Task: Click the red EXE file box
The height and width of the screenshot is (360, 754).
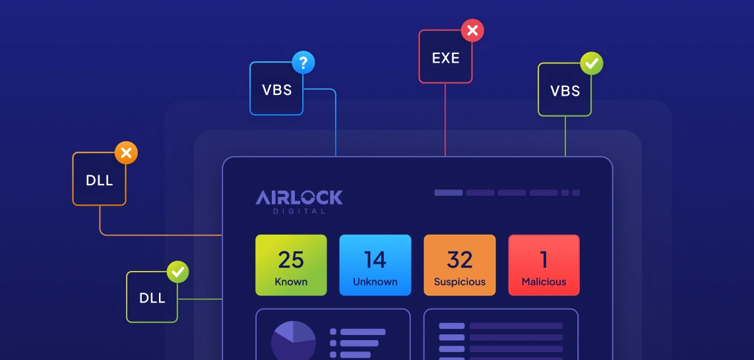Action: (x=445, y=57)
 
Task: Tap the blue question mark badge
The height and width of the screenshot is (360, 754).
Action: (x=303, y=63)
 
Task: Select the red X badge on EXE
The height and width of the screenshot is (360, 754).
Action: (x=472, y=30)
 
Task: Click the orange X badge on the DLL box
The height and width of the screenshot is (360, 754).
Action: (x=126, y=154)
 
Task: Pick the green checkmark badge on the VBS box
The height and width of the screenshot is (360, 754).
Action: (x=592, y=63)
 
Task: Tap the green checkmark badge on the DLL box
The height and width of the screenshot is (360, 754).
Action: (x=177, y=272)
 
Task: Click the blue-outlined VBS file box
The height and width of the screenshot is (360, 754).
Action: (x=276, y=90)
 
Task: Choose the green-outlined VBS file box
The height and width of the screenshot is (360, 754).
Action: (x=565, y=90)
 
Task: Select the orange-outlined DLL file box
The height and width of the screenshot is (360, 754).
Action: (x=99, y=179)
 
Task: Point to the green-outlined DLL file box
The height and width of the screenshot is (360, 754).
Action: (x=152, y=297)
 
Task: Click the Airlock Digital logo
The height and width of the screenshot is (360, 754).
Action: (x=299, y=200)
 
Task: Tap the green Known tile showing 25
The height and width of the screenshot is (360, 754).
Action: (x=291, y=265)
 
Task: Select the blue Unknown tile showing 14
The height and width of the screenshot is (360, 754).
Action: (x=375, y=265)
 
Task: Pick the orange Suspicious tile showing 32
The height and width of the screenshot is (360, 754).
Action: (x=459, y=265)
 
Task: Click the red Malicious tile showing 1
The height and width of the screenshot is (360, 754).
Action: (x=544, y=265)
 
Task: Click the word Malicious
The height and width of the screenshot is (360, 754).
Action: (x=544, y=282)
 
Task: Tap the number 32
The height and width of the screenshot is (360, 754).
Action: (x=459, y=260)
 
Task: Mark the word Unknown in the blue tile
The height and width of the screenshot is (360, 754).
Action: (x=375, y=282)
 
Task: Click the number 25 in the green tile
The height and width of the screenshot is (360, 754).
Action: (x=291, y=260)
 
